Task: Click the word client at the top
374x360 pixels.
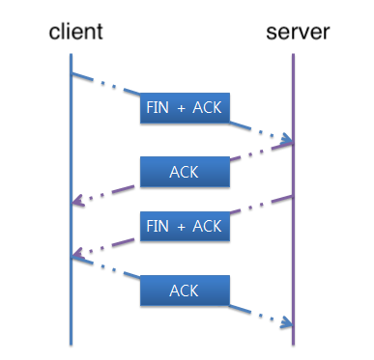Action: [x=75, y=33]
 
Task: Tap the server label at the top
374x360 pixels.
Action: [x=298, y=33]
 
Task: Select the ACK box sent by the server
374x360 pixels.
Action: [x=185, y=172]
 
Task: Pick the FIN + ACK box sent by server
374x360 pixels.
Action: [x=185, y=226]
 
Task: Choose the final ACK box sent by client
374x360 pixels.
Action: [x=185, y=290]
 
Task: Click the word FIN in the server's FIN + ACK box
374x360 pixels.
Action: [x=157, y=226]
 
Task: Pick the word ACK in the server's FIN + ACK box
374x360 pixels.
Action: [x=208, y=226]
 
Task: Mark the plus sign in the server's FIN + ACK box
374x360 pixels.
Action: [x=181, y=226]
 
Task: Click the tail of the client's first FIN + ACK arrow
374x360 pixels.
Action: [x=73, y=71]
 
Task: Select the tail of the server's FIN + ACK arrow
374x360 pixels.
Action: [x=291, y=196]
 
